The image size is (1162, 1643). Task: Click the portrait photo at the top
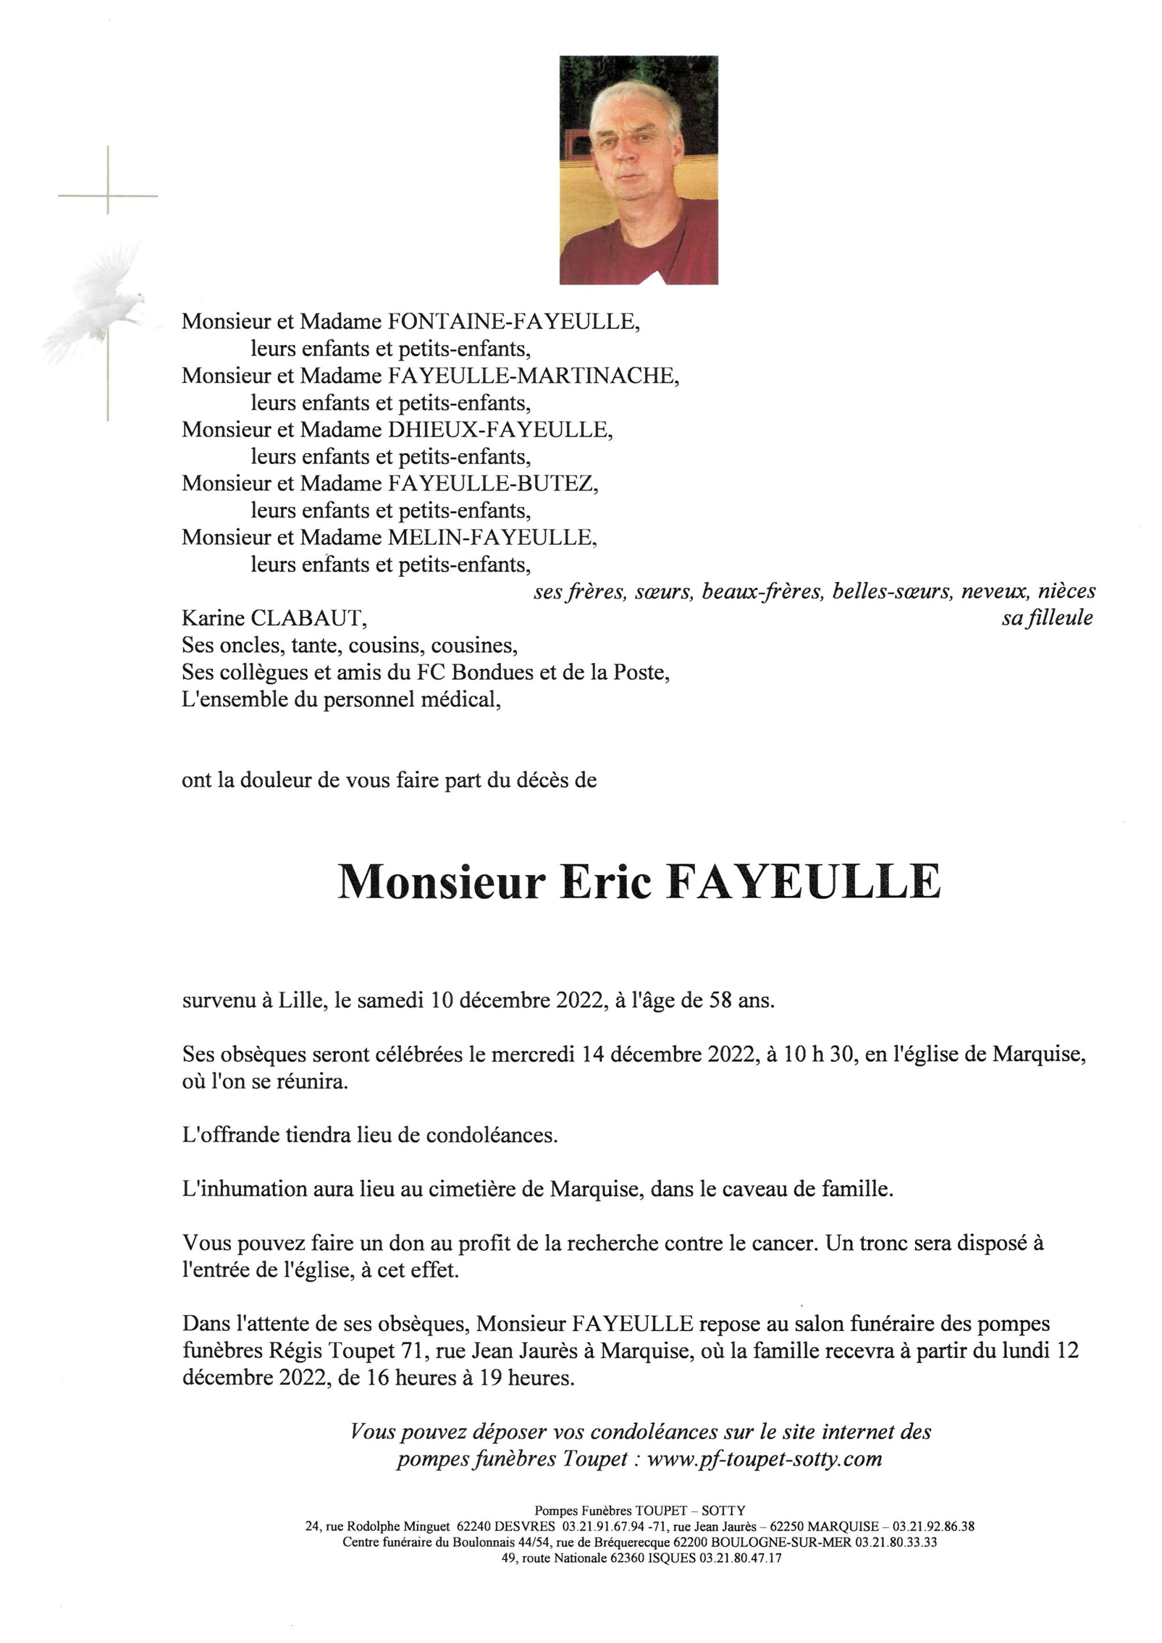coord(638,171)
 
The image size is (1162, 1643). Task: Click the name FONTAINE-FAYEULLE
coord(513,321)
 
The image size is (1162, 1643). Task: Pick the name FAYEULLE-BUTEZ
coord(492,483)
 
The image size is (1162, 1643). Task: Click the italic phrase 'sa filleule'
coord(1047,618)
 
